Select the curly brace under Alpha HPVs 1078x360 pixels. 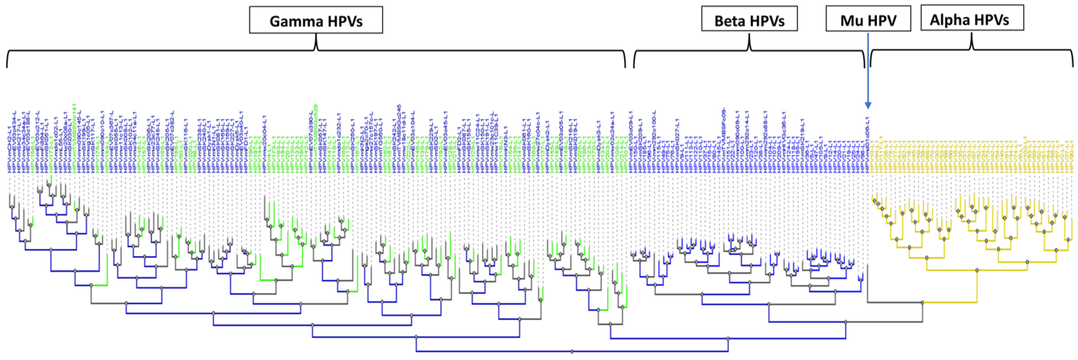pyautogui.click(x=972, y=46)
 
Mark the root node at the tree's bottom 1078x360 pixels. pyautogui.click(x=572, y=351)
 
